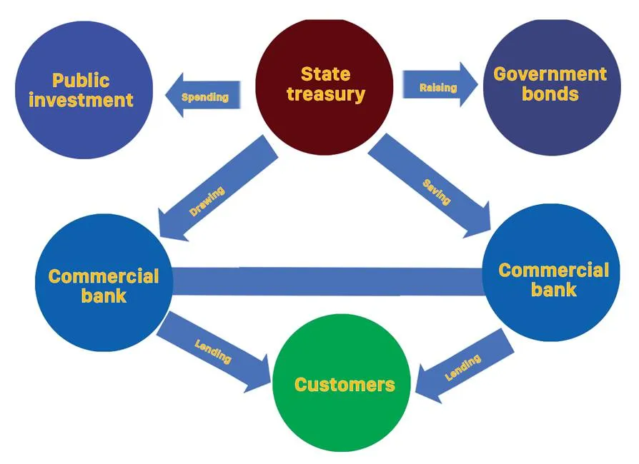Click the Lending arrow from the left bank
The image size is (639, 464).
coord(214,352)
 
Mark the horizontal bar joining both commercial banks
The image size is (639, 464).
coord(327,281)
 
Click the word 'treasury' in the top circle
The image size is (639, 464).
coord(325,94)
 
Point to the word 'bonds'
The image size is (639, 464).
coord(550,94)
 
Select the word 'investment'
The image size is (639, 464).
coord(81,99)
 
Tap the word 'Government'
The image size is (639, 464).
coord(550,74)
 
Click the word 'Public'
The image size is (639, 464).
coord(81,79)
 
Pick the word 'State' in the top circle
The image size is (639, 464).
coord(325,74)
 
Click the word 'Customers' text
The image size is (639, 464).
coord(345,385)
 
